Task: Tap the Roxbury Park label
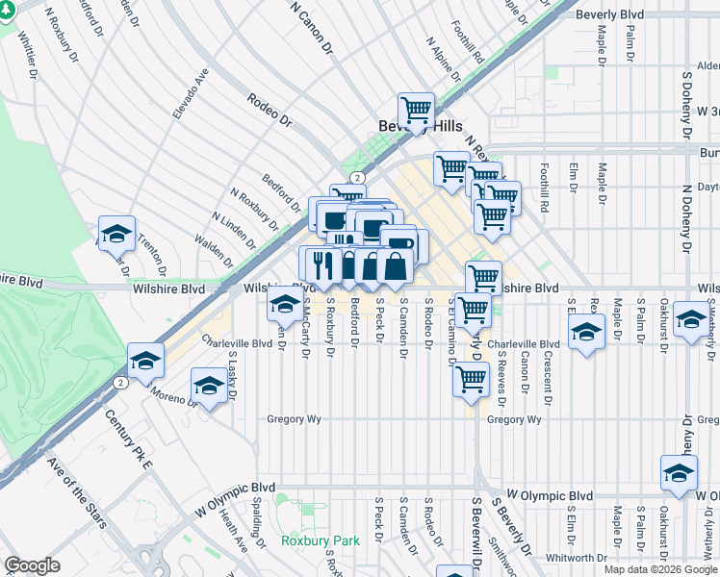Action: pyautogui.click(x=320, y=540)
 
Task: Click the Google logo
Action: pyautogui.click(x=32, y=565)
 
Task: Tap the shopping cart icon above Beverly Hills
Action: pyautogui.click(x=416, y=111)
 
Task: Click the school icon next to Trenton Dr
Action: pyautogui.click(x=116, y=234)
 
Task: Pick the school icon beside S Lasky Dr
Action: pyautogui.click(x=208, y=386)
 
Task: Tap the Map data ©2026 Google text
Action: pyautogui.click(x=658, y=569)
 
